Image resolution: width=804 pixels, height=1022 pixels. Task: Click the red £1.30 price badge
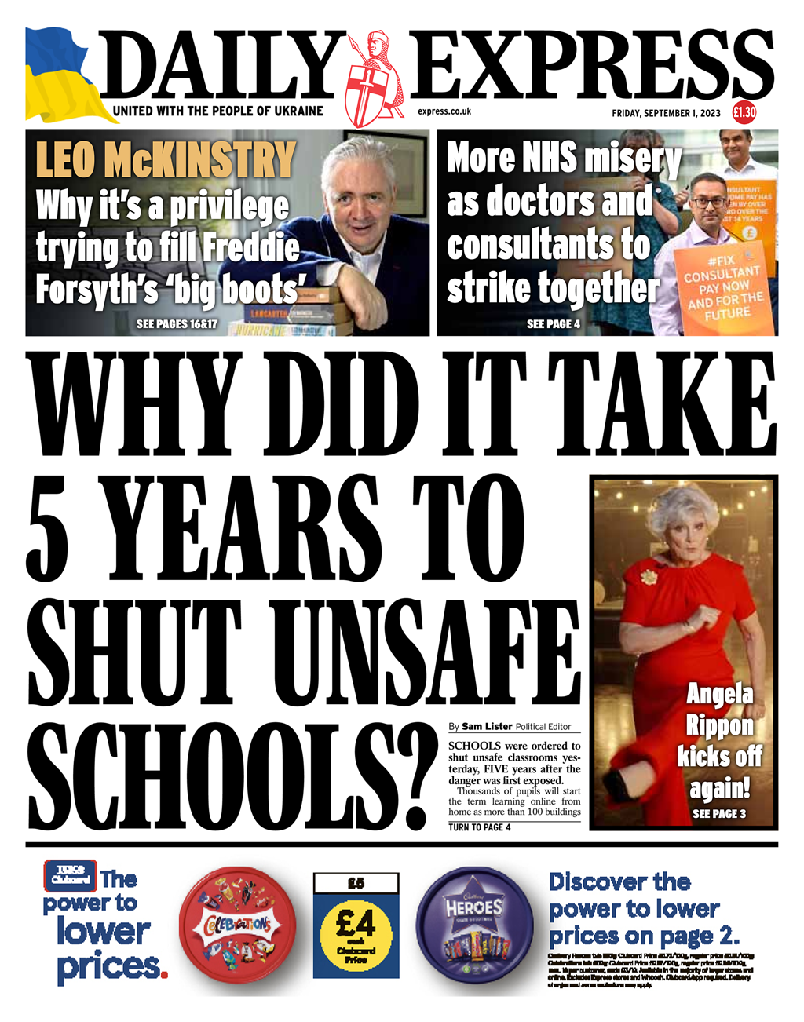(x=744, y=112)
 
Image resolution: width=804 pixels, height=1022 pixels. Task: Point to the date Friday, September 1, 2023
(x=666, y=113)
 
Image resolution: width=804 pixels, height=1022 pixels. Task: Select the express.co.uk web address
(x=444, y=111)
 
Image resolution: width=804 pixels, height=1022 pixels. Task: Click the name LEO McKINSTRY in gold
(x=166, y=159)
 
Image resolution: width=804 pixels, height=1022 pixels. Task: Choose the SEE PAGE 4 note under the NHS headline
(x=554, y=323)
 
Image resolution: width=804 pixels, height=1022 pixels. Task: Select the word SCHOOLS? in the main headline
(x=236, y=777)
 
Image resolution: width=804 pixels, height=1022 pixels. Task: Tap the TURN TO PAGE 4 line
(x=480, y=827)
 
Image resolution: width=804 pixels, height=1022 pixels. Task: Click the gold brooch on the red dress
(x=649, y=577)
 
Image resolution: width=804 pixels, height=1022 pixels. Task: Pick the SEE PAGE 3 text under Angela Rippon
(x=719, y=814)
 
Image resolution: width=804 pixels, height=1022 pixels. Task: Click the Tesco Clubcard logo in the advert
(x=70, y=876)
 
